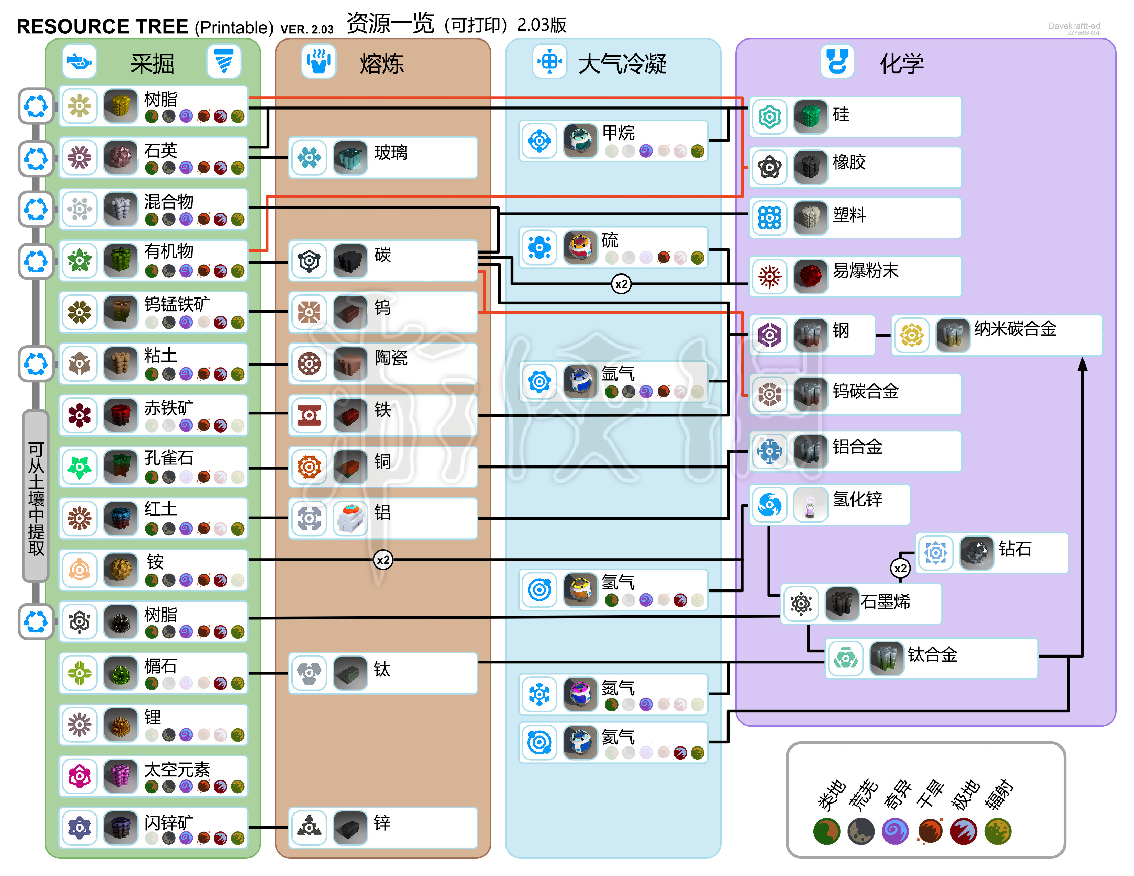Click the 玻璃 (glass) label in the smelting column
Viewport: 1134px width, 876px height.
click(391, 153)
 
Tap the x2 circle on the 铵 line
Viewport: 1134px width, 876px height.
click(383, 560)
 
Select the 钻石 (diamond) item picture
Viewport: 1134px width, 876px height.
click(977, 553)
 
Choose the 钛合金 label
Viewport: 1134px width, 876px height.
click(932, 654)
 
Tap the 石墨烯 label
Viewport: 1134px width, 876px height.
click(885, 602)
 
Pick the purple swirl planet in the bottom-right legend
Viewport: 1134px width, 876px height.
click(894, 831)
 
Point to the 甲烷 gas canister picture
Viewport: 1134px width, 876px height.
click(580, 140)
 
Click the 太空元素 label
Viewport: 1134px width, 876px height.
click(177, 769)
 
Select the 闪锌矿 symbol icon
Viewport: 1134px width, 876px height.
click(79, 827)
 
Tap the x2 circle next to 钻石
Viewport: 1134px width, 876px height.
click(900, 568)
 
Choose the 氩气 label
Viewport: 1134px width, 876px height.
click(618, 737)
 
